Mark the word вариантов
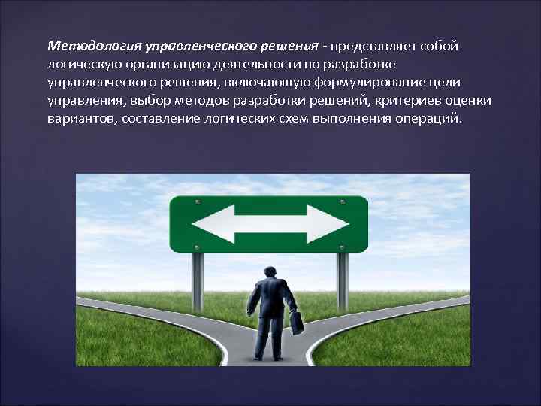click(x=77, y=119)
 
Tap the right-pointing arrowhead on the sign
click(x=338, y=223)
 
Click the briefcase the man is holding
click(x=297, y=323)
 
